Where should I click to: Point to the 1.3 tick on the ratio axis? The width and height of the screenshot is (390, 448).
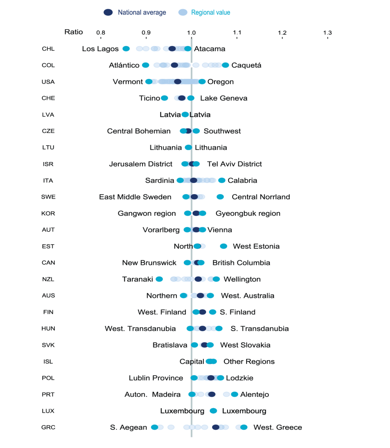(x=327, y=32)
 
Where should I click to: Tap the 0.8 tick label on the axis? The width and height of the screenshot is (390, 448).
(x=100, y=32)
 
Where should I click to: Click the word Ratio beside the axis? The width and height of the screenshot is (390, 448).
(x=73, y=32)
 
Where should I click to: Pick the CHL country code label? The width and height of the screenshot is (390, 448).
(x=48, y=49)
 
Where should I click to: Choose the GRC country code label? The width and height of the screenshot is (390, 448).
(x=48, y=428)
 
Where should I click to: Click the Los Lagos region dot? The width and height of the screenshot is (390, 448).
(x=126, y=49)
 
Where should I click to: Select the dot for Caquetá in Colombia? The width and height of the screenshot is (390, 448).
(x=225, y=65)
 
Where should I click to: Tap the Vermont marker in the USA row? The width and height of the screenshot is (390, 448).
(x=149, y=82)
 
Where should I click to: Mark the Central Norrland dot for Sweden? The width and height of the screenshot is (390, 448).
(x=220, y=197)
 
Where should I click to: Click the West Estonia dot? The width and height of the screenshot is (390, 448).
(x=224, y=247)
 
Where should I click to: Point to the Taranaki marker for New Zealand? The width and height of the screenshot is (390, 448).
(x=159, y=279)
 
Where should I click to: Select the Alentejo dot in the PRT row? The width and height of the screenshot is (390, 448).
(x=234, y=395)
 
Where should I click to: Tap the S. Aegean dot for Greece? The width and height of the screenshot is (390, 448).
(x=155, y=427)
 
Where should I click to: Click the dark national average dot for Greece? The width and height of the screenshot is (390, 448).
(x=216, y=427)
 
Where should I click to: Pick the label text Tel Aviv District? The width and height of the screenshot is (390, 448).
(x=234, y=164)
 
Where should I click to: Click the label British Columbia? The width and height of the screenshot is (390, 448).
(x=241, y=263)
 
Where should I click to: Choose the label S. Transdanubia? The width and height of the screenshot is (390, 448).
(x=260, y=329)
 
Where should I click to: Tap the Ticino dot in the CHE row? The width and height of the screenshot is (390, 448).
(x=164, y=98)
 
